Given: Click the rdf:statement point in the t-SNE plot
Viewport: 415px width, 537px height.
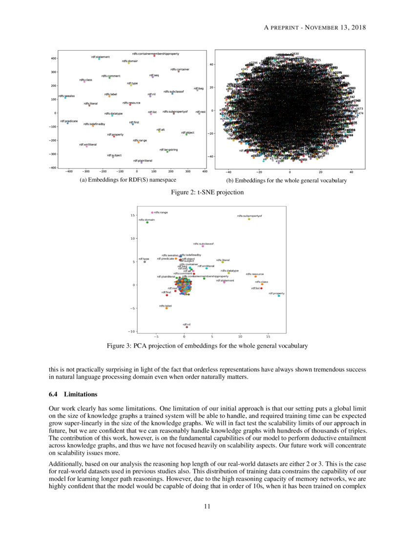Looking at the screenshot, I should coord(99,60).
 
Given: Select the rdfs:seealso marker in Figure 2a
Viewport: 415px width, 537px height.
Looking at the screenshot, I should coord(65,99).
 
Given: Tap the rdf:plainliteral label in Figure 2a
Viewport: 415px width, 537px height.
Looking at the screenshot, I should coord(143,160).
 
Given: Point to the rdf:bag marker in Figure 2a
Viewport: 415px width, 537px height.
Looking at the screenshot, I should coord(197,90).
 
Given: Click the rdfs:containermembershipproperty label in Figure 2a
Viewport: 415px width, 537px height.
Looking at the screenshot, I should coord(155,53).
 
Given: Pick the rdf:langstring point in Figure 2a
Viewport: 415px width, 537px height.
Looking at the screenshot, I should coord(167,152).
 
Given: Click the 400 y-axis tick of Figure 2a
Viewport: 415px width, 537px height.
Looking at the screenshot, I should coord(55,59).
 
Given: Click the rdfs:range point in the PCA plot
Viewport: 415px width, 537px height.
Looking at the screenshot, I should coord(152,212).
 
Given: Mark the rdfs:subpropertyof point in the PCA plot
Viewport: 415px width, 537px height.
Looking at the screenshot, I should coord(249,219).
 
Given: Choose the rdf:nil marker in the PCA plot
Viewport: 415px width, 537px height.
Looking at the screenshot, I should coord(187,327).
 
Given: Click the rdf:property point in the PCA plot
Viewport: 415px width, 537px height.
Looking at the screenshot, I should coord(279,296).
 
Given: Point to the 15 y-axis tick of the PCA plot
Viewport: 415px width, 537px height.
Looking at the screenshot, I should coord(132,215).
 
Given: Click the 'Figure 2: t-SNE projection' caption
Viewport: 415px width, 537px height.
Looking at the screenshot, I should coord(207,192).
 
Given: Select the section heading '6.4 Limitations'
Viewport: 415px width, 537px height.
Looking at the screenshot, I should coord(74,394).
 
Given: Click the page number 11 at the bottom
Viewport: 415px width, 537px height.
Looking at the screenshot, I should coord(207,506).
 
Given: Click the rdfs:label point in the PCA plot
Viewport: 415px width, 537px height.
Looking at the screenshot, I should coord(166,308).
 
